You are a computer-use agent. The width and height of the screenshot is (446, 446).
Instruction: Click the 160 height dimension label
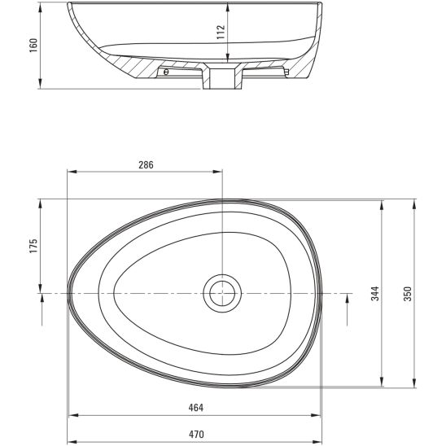click(33, 46)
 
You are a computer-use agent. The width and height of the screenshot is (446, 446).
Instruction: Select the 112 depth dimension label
click(221, 32)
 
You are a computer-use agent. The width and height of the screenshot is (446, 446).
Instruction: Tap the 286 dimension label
click(146, 164)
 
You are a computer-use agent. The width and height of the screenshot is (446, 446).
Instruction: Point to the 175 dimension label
click(33, 246)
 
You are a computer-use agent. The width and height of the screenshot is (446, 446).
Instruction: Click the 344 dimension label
click(375, 294)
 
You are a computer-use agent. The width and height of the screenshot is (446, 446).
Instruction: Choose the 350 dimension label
click(408, 294)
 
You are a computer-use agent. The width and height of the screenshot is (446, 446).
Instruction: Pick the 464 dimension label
click(196, 408)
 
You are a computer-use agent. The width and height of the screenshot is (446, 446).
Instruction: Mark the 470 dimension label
click(196, 435)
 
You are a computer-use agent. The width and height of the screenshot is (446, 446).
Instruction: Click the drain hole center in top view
click(222, 293)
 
